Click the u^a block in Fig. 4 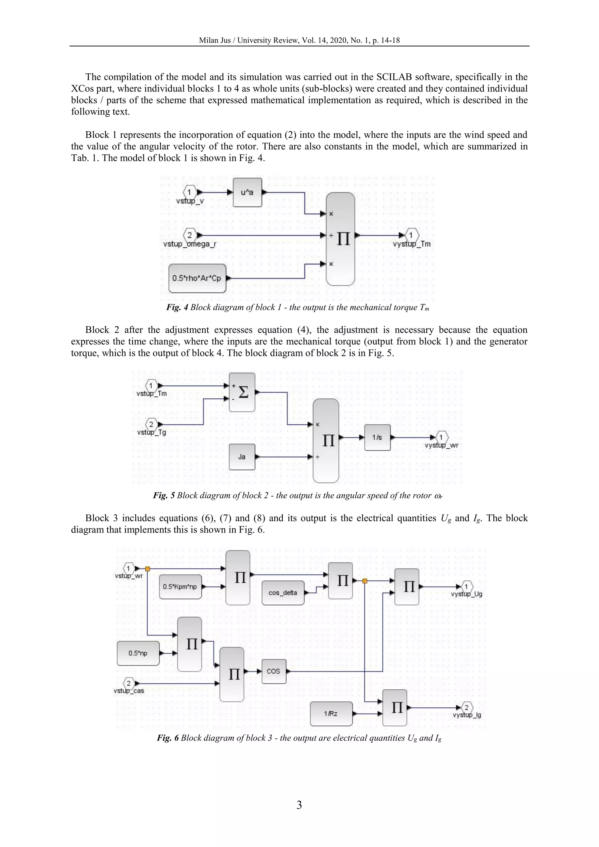point(247,192)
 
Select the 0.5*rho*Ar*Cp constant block point(197,278)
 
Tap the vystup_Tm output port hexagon point(411,235)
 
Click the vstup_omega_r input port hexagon point(190,235)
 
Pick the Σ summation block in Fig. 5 point(242,392)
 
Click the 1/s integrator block point(377,438)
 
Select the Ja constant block point(242,457)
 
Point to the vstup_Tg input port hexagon point(151,424)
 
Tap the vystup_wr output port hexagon point(441,438)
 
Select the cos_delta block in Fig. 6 point(283,593)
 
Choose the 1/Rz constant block point(331,713)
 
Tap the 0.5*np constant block point(138,653)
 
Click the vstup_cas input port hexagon point(129,683)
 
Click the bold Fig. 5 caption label point(164,495)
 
